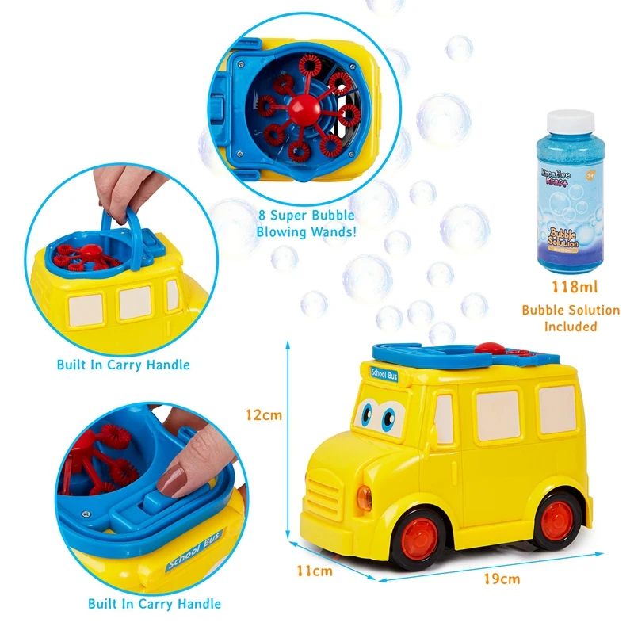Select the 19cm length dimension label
502,579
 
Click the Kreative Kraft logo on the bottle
560,174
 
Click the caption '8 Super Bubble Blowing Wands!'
305,223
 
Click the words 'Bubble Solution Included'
559,319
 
